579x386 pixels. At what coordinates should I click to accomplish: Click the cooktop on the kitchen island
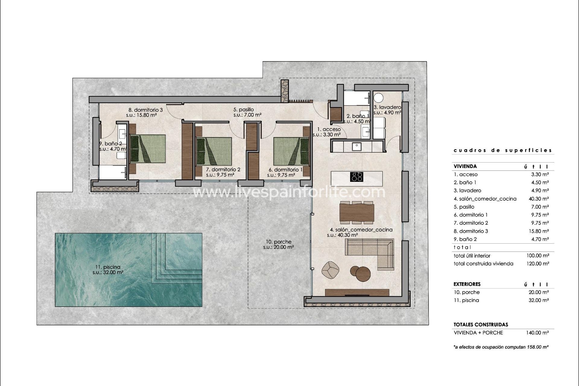[x=356, y=176]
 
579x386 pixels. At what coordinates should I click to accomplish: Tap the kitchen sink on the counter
[x=356, y=147]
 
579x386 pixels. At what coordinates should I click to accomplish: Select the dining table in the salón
[x=357, y=212]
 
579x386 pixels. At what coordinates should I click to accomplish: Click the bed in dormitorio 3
[x=148, y=148]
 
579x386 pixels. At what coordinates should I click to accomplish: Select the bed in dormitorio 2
[x=214, y=152]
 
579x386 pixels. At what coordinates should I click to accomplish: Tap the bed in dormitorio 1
[x=291, y=152]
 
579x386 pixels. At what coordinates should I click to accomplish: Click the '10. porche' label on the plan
[x=279, y=242]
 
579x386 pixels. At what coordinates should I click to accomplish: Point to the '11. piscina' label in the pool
[x=108, y=267]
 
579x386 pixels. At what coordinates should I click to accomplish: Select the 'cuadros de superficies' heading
[x=503, y=150]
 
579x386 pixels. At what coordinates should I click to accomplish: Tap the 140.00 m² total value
[x=537, y=333]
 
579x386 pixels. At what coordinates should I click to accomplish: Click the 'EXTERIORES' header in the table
[x=467, y=284]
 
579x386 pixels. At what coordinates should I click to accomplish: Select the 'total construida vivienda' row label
[x=483, y=264]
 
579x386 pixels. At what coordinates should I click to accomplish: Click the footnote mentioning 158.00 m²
[x=501, y=347]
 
